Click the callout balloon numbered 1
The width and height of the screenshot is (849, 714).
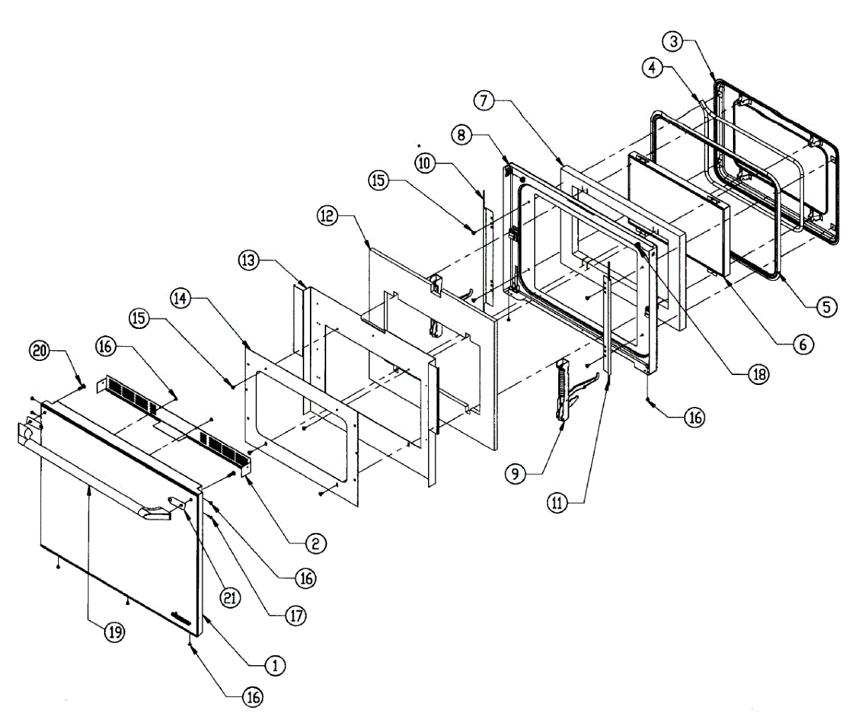[275, 665]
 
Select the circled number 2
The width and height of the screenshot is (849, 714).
[315, 543]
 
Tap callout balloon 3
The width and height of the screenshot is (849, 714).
[674, 41]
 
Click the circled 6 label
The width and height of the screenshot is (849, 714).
[802, 344]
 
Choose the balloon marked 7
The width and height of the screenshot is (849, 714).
[483, 100]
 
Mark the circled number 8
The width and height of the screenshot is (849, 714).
[461, 134]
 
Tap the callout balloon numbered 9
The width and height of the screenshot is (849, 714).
[516, 473]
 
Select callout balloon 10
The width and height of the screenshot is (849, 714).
[424, 163]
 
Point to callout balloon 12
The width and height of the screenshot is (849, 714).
[328, 215]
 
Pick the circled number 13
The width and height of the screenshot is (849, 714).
[248, 261]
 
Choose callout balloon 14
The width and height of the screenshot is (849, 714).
[181, 299]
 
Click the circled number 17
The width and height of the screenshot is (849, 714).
[296, 616]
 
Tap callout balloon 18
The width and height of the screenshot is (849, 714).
[758, 375]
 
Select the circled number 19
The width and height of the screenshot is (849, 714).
[114, 632]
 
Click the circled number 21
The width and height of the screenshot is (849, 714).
[231, 597]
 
